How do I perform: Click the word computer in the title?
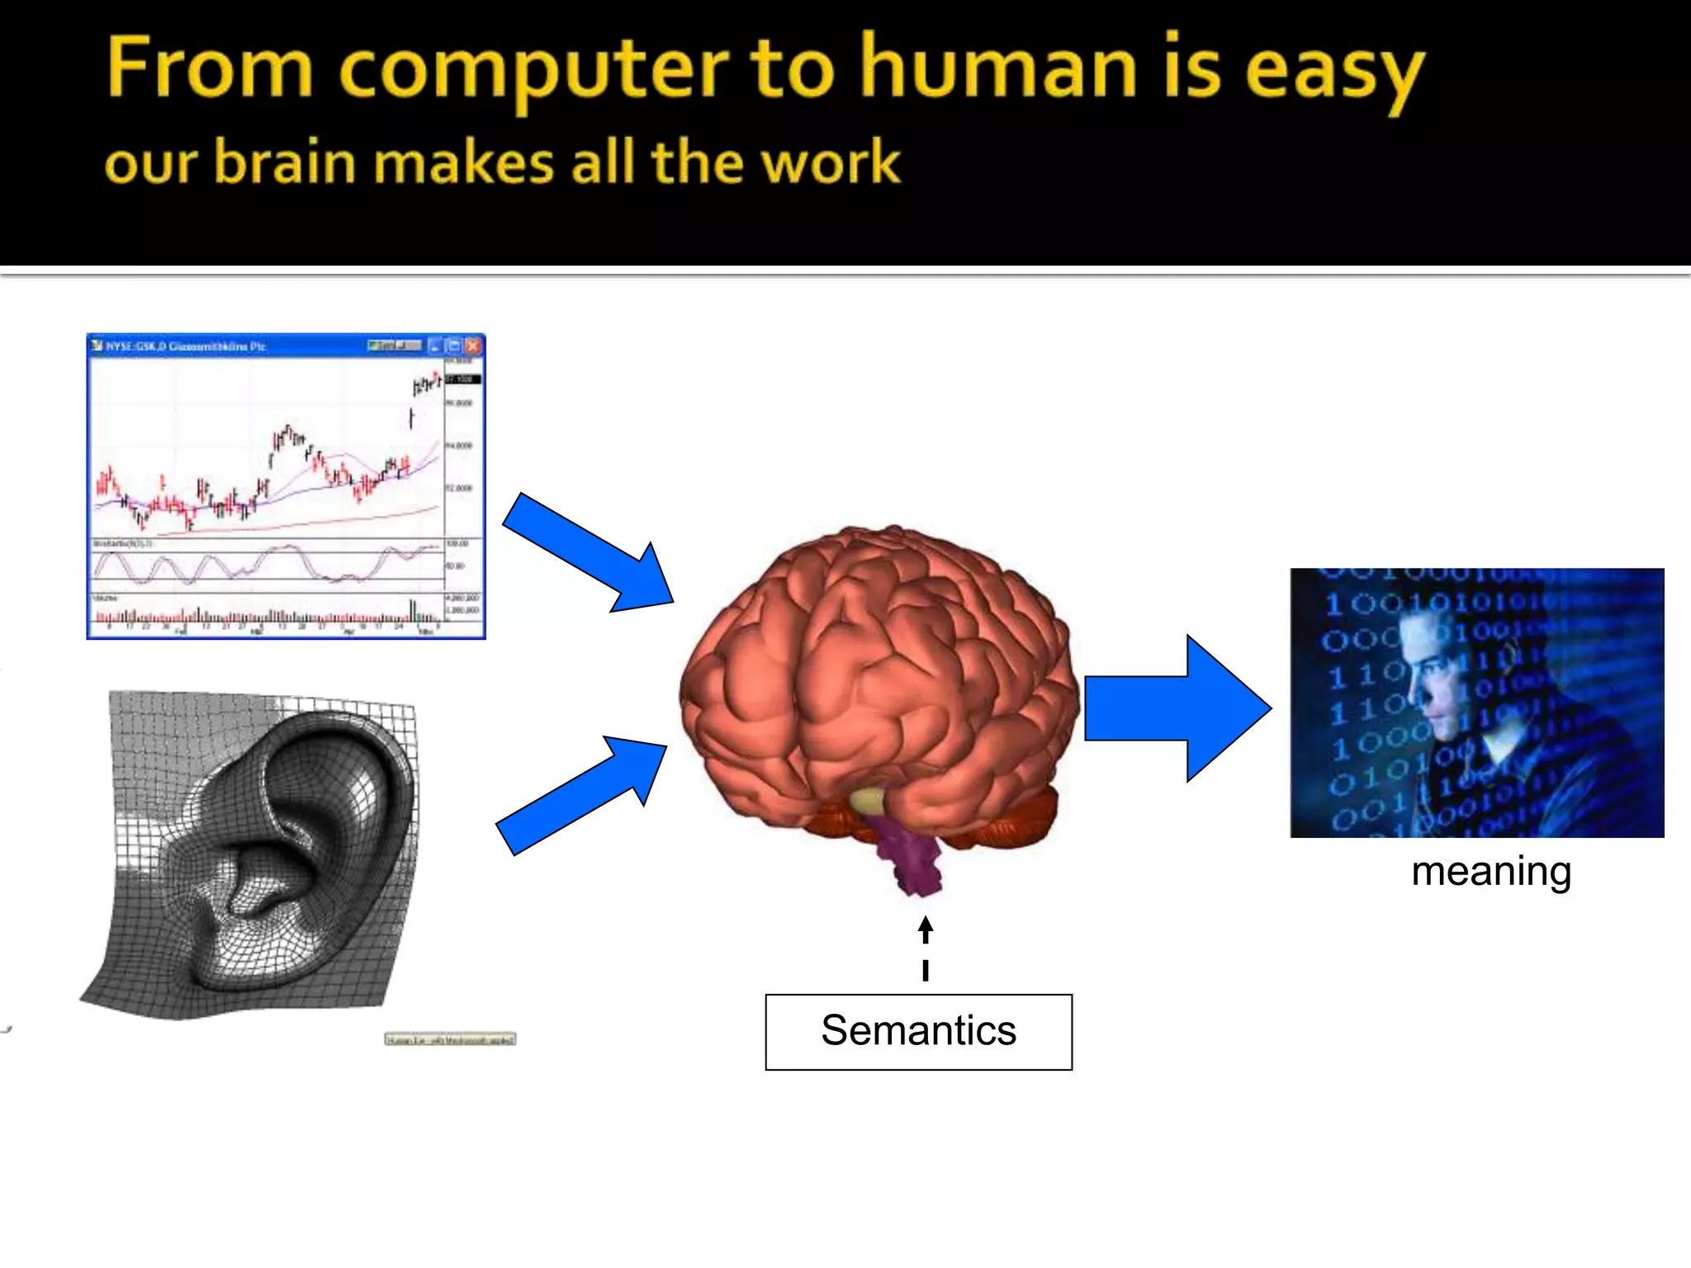[x=533, y=70]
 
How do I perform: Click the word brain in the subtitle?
[x=286, y=162]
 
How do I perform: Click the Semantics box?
[x=918, y=1032]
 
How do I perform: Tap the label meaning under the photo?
[x=1490, y=872]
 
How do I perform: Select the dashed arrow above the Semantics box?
[x=926, y=949]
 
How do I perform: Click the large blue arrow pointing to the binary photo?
[x=1177, y=708]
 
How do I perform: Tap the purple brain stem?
[x=908, y=859]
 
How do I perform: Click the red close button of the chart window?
[x=473, y=346]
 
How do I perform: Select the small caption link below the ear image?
[x=450, y=1039]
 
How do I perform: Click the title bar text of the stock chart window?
[x=186, y=347]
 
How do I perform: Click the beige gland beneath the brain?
[x=867, y=799]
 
